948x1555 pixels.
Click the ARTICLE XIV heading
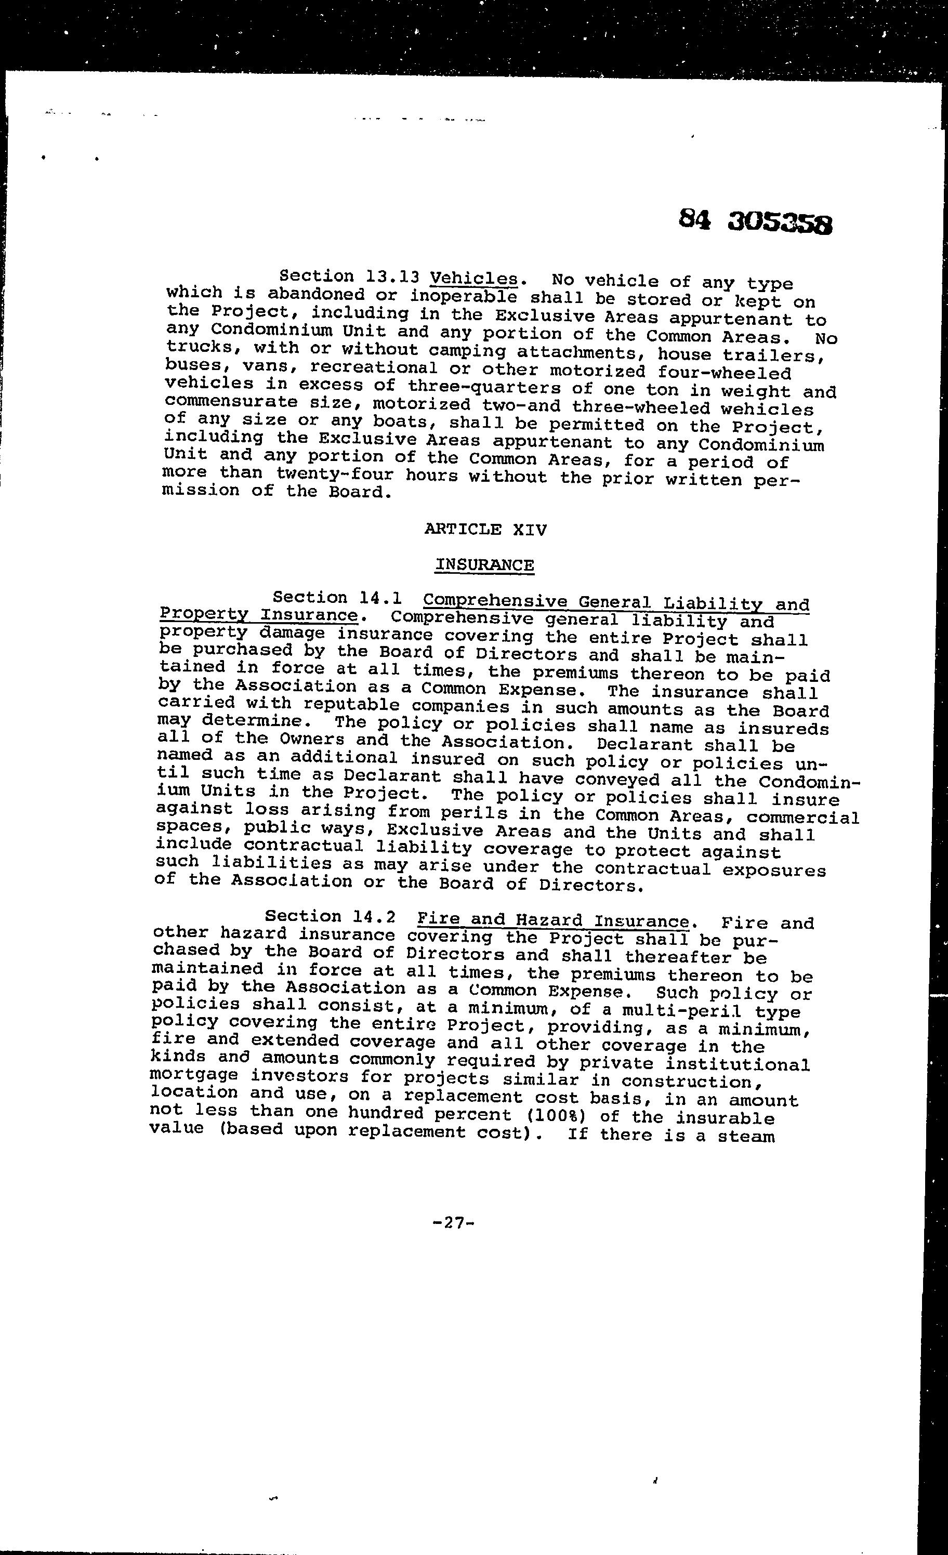click(x=485, y=529)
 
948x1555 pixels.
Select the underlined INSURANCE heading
click(x=484, y=564)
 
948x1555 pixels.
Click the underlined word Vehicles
click(x=473, y=279)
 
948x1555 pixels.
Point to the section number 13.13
click(x=392, y=276)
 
